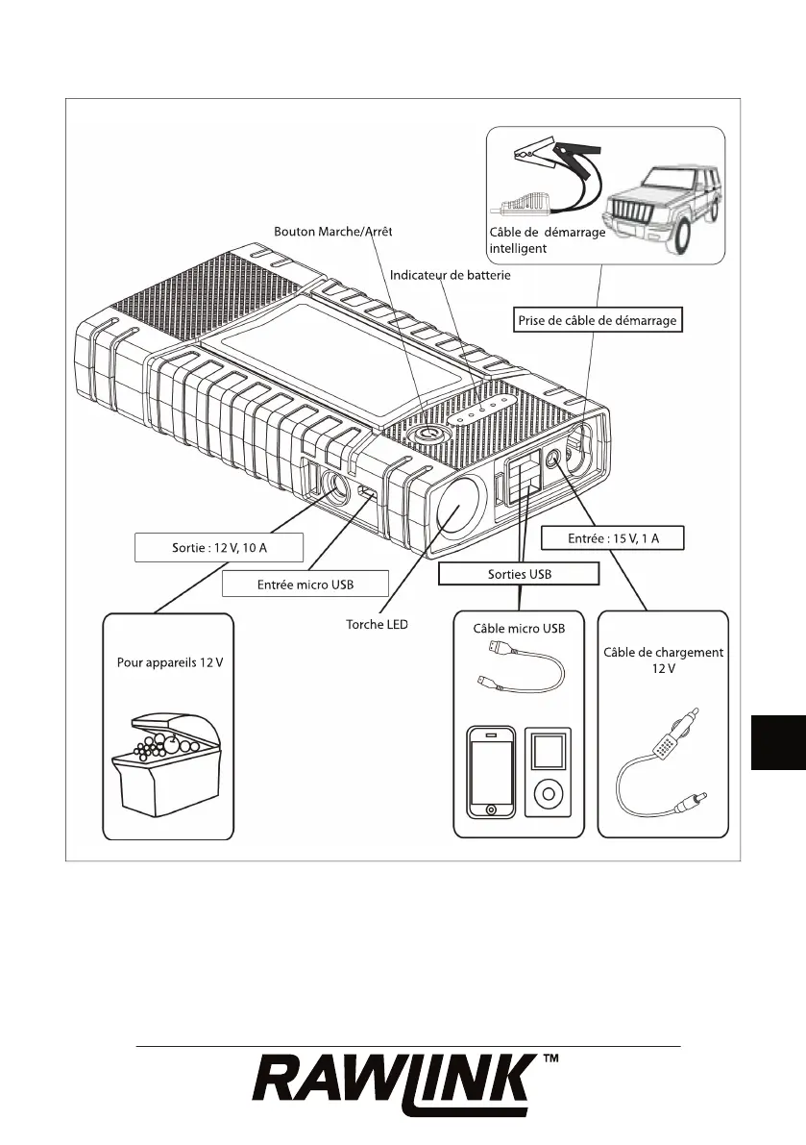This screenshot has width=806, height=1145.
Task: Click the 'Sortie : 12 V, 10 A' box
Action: pos(218,547)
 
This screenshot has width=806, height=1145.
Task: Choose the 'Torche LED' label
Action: pos(377,625)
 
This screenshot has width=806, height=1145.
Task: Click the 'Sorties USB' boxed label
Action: pos(519,574)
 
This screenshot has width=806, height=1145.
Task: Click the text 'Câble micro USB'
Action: pos(519,630)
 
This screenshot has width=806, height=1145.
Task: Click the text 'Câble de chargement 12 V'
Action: pos(663,660)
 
